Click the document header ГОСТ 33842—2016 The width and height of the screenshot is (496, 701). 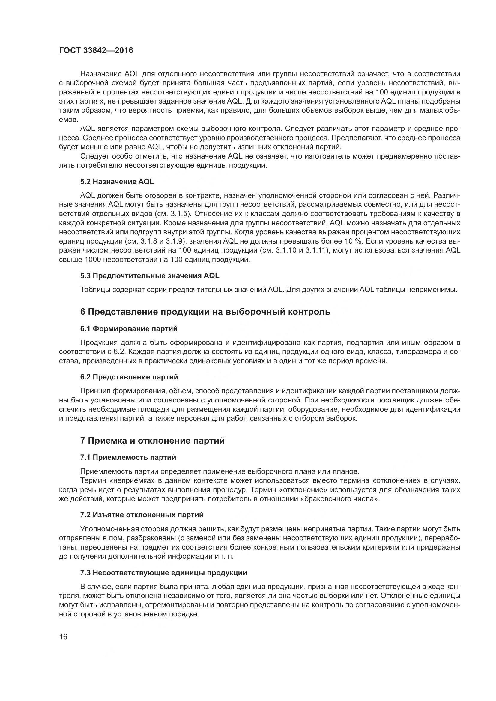point(96,50)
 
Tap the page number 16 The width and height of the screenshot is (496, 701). point(63,637)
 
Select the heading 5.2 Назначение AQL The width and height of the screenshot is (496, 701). point(117,182)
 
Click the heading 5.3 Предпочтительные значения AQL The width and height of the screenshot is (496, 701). point(150,276)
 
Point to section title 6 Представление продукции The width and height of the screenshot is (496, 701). point(205,312)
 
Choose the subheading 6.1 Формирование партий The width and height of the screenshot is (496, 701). point(129,329)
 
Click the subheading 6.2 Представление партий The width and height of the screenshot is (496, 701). point(129,377)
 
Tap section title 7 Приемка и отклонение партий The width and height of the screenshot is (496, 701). point(152,441)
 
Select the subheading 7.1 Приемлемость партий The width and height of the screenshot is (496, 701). point(128,457)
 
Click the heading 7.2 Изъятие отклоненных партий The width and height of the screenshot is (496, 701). point(142,515)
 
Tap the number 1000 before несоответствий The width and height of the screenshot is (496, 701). point(92,260)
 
